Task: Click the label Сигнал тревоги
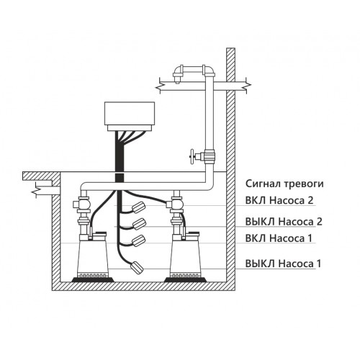[x=284, y=184]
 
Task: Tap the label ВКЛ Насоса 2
[x=279, y=200]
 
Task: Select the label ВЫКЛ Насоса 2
[x=284, y=222]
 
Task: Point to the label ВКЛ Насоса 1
[x=279, y=238]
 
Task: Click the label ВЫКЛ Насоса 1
[x=283, y=264]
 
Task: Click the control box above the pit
[x=130, y=117]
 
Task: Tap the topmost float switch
[x=139, y=207]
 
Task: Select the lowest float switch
[x=137, y=267]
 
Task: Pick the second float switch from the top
[x=139, y=224]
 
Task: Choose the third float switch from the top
[x=139, y=240]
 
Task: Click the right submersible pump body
[x=185, y=257]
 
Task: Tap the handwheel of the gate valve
[x=192, y=157]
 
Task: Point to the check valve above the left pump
[x=82, y=204]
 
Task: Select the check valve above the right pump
[x=175, y=204]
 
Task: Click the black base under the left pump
[x=93, y=280]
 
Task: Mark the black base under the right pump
[x=185, y=280]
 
